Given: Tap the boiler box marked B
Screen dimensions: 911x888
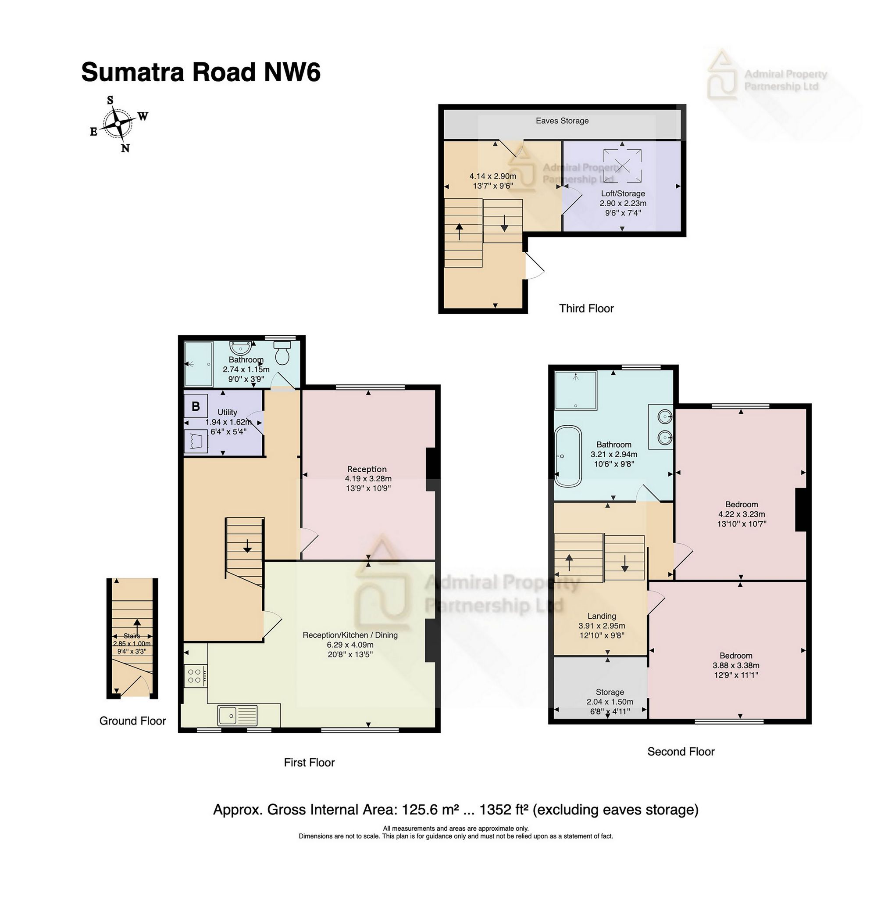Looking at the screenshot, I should coord(196,406).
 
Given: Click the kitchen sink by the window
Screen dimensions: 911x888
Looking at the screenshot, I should coord(237,714).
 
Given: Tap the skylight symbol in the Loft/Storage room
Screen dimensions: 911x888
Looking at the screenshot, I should coord(622,166).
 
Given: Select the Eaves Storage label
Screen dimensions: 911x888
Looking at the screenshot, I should coord(562,121).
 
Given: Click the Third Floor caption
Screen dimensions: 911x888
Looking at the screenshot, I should coord(586,308).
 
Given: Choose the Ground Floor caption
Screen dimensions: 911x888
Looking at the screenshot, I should coord(132,721).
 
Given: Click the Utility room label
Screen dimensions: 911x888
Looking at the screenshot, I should coord(227,412).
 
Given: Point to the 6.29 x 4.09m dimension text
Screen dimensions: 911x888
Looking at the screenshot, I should coord(350,645).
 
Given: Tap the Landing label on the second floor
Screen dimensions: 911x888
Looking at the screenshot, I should coord(602,616).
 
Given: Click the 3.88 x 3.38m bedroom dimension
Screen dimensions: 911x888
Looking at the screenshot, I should coord(735,666).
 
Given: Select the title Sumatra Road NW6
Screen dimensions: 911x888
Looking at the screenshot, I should coord(200,72).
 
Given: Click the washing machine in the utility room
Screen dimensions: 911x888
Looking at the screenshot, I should coord(196,441).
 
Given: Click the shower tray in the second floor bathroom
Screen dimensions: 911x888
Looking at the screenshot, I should coord(575,390).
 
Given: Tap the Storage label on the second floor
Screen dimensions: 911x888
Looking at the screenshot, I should coord(610,692).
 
